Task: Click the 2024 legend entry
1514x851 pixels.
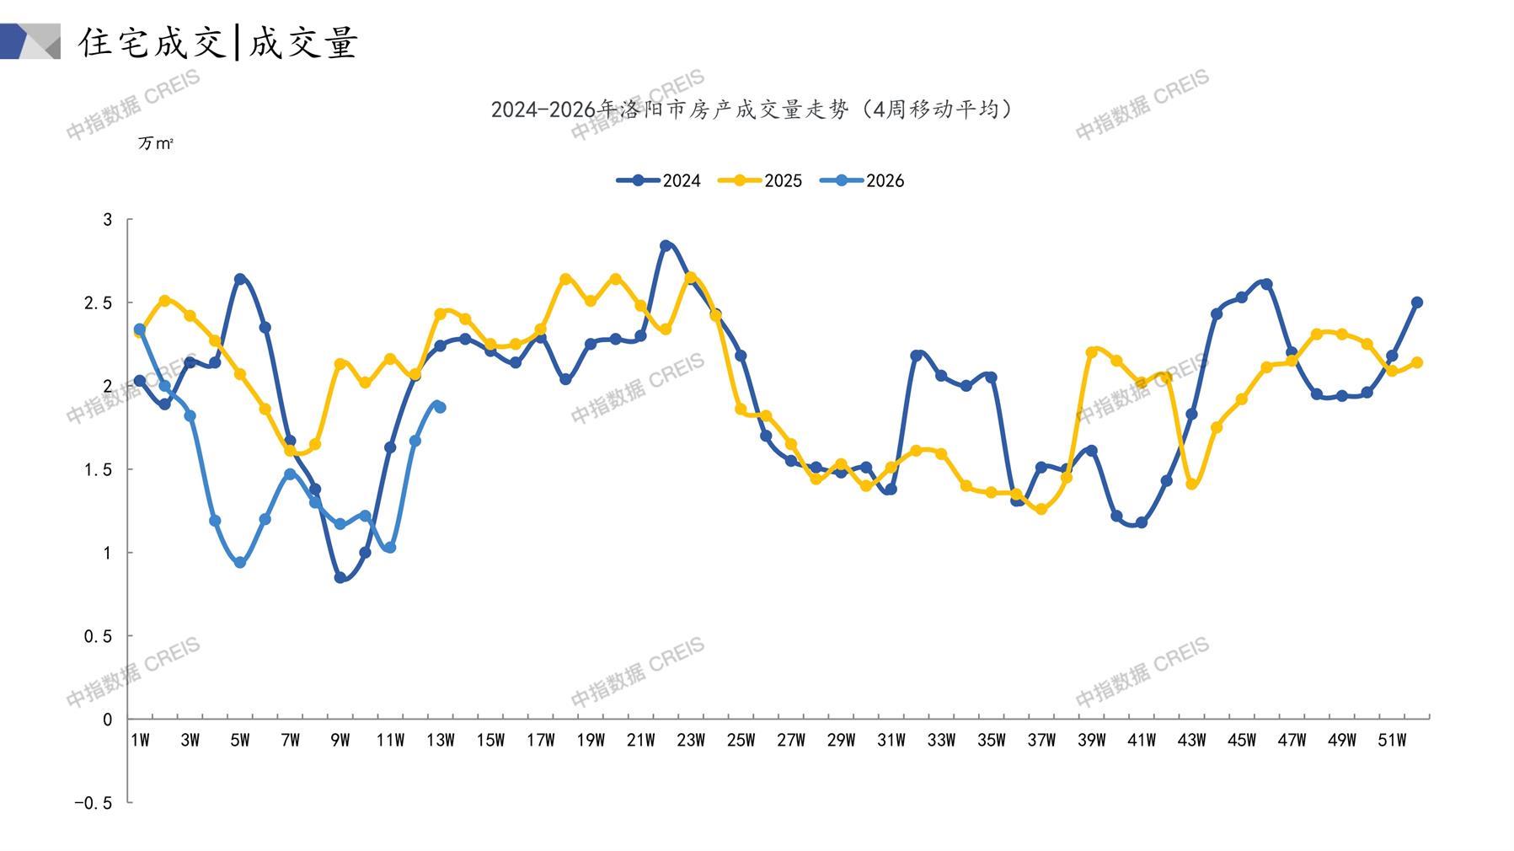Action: [660, 180]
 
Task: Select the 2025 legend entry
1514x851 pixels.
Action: [761, 180]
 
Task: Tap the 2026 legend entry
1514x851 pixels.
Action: [863, 180]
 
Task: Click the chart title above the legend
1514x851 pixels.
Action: [752, 110]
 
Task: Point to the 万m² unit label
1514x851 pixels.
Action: [155, 144]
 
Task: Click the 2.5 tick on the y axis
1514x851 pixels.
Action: [98, 302]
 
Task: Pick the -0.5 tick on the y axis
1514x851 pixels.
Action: [93, 803]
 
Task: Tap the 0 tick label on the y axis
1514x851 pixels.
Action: [107, 720]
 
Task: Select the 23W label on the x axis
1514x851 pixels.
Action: [691, 741]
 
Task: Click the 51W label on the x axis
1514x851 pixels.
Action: [1392, 741]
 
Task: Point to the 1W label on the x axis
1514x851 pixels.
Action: [140, 741]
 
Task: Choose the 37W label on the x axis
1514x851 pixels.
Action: [1041, 741]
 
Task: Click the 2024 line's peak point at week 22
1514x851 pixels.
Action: [666, 246]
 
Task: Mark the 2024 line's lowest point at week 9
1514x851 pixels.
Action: [340, 578]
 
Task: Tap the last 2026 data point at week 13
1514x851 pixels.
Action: [440, 407]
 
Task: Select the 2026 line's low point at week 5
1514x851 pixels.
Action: [240, 563]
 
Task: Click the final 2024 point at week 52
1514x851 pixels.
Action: [1417, 302]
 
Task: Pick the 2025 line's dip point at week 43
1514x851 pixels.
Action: [1191, 484]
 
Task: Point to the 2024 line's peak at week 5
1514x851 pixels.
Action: [240, 279]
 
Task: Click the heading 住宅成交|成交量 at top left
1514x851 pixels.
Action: [219, 42]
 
